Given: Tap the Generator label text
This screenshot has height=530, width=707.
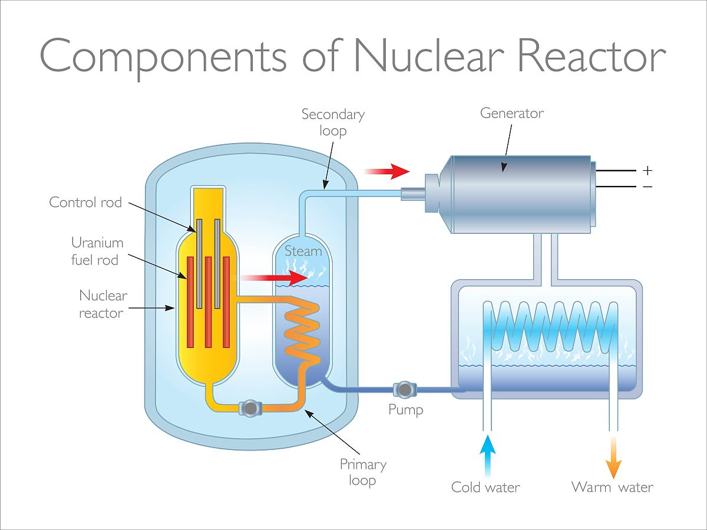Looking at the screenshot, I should [x=511, y=112].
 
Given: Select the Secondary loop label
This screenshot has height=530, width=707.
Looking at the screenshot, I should [x=333, y=122].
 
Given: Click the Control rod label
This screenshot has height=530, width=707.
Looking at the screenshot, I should [x=85, y=203].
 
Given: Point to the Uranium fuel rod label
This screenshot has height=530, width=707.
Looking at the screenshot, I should [x=97, y=251].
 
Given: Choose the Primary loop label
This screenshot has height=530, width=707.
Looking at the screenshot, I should [x=363, y=472].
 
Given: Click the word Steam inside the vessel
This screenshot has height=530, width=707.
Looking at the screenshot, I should [x=303, y=251].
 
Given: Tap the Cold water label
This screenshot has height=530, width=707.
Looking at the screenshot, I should [x=485, y=487].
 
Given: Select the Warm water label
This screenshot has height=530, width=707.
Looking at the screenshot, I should [x=612, y=487].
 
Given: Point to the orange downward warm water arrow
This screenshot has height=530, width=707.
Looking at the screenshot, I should [x=614, y=457].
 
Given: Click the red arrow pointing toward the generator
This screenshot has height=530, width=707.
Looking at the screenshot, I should [x=386, y=171].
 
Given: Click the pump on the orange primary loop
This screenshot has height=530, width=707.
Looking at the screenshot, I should [x=249, y=408].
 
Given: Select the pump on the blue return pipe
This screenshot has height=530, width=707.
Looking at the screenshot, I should [x=405, y=389].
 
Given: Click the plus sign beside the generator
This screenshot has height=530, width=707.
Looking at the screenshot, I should [x=647, y=170].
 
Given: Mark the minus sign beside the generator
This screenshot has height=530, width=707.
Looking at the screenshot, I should [x=647, y=187].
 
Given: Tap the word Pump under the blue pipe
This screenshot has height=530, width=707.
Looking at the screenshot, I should [x=405, y=409].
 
